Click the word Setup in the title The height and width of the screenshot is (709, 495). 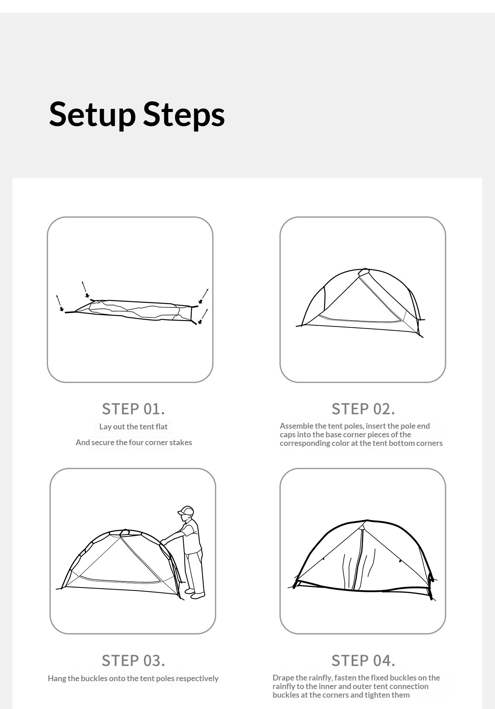point(92,114)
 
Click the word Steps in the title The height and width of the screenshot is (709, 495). point(184,114)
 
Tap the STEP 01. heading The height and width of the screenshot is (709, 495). point(133,409)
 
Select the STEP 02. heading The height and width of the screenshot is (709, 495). point(363,409)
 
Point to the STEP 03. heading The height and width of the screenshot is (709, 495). point(133,661)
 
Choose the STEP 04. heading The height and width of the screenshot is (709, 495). point(363,661)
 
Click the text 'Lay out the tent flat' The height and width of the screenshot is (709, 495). point(133,427)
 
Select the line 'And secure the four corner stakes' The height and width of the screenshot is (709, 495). point(134,442)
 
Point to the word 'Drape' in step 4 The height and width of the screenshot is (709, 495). point(284,678)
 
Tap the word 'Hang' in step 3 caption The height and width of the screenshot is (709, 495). point(56,679)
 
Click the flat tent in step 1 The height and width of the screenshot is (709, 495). point(134,310)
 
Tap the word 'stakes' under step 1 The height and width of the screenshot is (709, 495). point(181,442)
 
